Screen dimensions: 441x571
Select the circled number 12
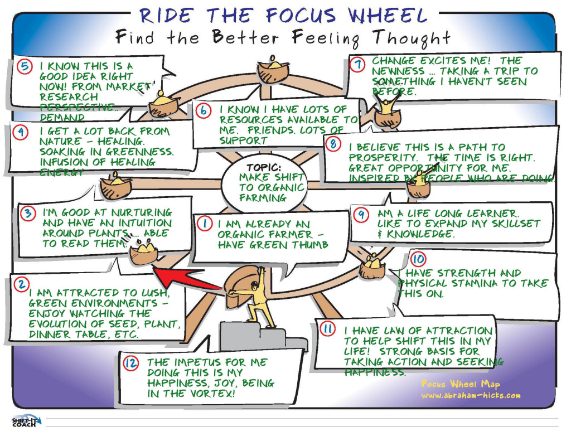pyautogui.click(x=131, y=364)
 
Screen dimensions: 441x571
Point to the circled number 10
pyautogui.click(x=418, y=260)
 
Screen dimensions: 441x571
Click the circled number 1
pyautogui.click(x=205, y=224)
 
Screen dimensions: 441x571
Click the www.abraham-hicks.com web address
pyautogui.click(x=471, y=395)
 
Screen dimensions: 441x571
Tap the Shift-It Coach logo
pyautogui.click(x=23, y=421)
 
